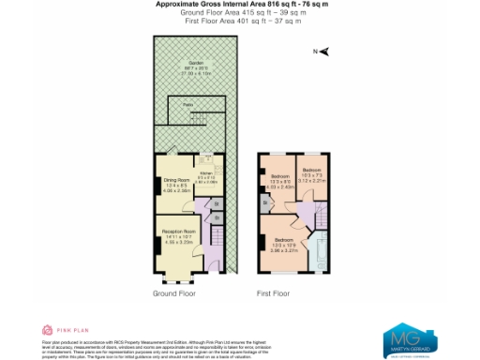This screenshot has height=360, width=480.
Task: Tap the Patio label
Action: tap(187, 106)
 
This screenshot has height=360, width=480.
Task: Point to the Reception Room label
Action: tap(177, 232)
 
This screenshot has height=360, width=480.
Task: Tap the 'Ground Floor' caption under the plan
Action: tap(175, 293)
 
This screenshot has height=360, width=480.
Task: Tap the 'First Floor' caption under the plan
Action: tap(272, 293)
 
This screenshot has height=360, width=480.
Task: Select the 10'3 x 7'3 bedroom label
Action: tap(312, 172)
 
